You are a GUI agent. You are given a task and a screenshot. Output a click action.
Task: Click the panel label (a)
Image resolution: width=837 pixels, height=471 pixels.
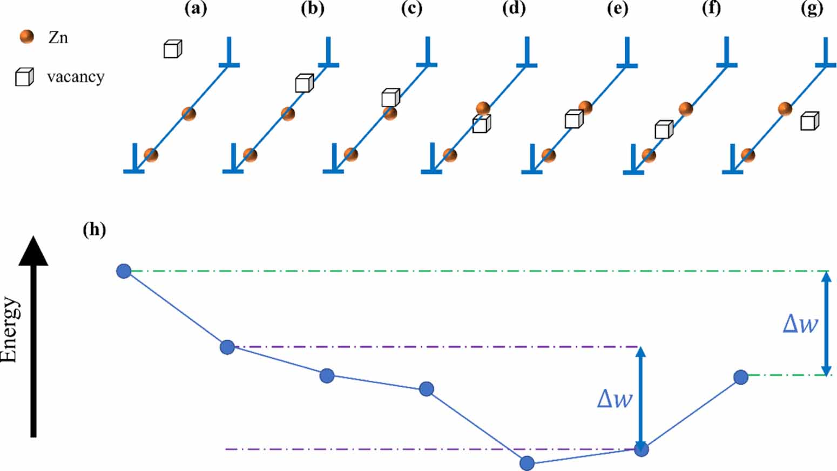(195, 9)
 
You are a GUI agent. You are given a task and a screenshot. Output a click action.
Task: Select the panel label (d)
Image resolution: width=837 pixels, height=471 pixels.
(513, 9)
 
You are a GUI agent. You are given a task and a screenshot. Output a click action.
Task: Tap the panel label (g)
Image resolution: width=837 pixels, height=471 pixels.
(812, 9)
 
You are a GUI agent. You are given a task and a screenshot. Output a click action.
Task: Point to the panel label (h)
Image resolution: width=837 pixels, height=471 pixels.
(94, 230)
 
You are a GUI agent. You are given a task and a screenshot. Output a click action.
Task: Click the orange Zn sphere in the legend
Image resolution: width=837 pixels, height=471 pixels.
(26, 37)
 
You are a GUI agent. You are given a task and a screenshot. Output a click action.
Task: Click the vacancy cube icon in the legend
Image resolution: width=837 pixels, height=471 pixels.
(24, 77)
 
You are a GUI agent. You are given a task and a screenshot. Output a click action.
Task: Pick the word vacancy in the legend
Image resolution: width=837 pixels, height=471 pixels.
(76, 77)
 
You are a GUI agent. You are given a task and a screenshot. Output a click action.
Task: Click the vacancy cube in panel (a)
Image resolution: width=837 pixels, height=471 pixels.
(172, 49)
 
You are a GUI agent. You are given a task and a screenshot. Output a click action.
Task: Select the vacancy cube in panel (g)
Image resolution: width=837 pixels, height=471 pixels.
(809, 121)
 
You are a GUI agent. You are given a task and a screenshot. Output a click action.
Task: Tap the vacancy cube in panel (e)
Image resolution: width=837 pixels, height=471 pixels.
(573, 119)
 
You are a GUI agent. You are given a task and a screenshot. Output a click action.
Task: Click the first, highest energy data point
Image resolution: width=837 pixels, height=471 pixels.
(124, 271)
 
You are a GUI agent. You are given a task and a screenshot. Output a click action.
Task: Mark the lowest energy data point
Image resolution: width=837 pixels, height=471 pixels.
(527, 463)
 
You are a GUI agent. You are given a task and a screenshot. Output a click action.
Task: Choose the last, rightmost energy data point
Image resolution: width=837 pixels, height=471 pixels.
(741, 377)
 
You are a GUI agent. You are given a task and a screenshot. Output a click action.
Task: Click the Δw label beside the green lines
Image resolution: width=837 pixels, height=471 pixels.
(800, 324)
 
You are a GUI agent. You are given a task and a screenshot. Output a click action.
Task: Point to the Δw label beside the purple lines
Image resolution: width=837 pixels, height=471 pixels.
(614, 399)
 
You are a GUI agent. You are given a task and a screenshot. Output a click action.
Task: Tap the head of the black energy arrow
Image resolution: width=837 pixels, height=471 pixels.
(33, 252)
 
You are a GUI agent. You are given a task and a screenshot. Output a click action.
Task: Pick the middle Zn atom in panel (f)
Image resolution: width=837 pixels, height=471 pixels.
(685, 109)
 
